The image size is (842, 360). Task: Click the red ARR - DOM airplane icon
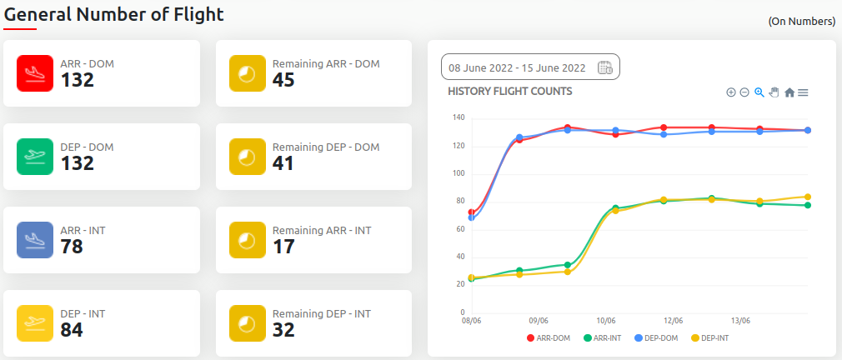pyautogui.click(x=35, y=73)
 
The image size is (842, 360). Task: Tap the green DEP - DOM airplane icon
pyautogui.click(x=35, y=157)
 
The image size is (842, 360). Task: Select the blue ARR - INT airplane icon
pyautogui.click(x=35, y=240)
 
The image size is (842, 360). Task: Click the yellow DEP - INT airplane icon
pyautogui.click(x=35, y=323)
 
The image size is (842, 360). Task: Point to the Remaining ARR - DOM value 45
pyautogui.click(x=283, y=80)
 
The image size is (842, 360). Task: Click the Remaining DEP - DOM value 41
pyautogui.click(x=283, y=163)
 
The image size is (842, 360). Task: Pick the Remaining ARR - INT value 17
pyautogui.click(x=283, y=247)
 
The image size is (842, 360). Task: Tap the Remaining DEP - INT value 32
pyautogui.click(x=283, y=330)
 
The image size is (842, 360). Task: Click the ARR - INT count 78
pyautogui.click(x=72, y=247)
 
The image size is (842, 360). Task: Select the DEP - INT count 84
pyautogui.click(x=72, y=330)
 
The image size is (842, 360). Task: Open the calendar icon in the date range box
pyautogui.click(x=605, y=67)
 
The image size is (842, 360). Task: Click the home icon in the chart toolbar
pyautogui.click(x=789, y=92)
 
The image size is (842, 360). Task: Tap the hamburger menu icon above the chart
pyautogui.click(x=803, y=92)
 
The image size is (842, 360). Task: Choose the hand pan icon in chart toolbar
pyautogui.click(x=774, y=92)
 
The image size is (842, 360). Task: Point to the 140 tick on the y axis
pyautogui.click(x=459, y=117)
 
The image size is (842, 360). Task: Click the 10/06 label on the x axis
pyautogui.click(x=606, y=321)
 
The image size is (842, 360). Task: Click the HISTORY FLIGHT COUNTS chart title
pyautogui.click(x=509, y=91)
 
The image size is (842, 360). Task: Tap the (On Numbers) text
pyautogui.click(x=801, y=21)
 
